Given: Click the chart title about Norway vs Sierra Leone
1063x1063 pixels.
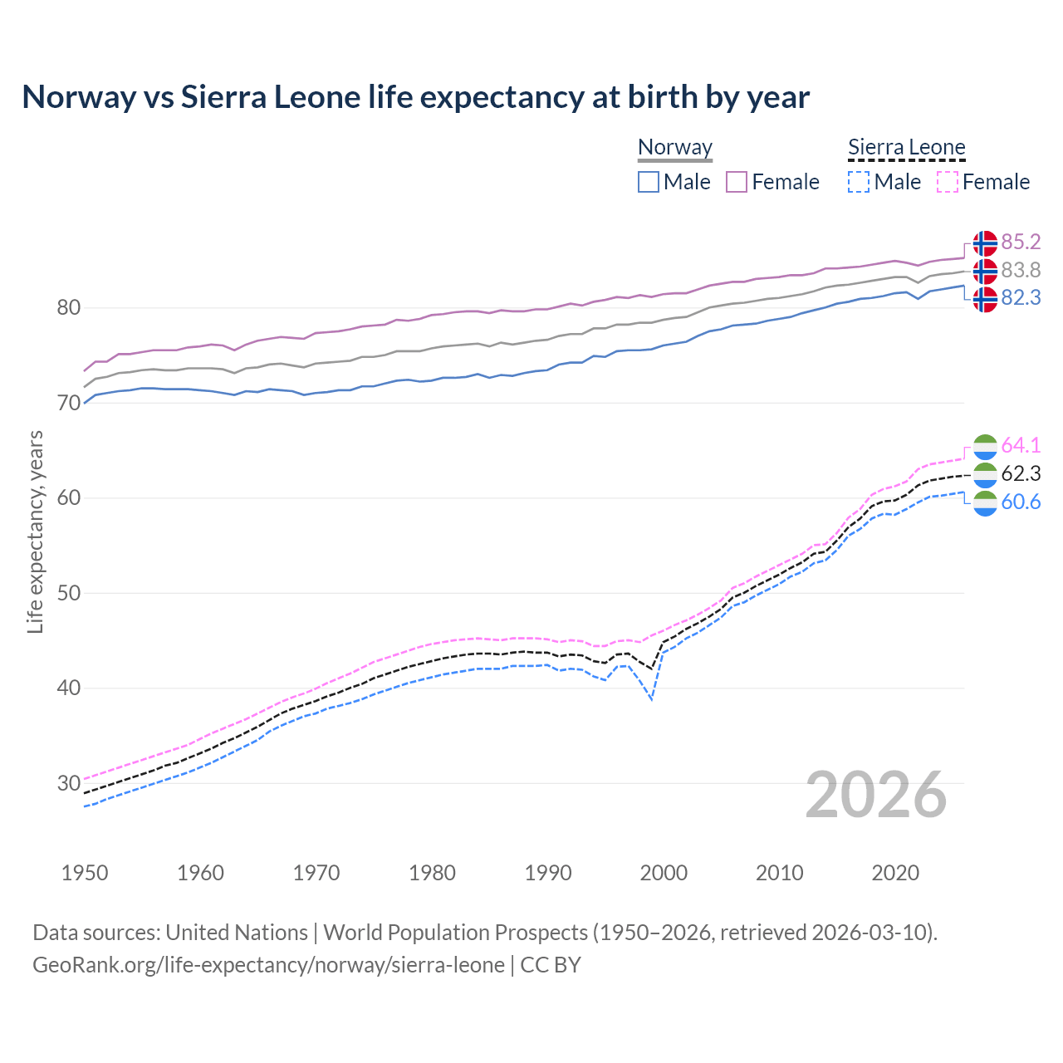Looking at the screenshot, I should [415, 97].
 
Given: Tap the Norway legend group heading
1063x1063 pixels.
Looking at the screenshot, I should [675, 148].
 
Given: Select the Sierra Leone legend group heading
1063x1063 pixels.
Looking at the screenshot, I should [906, 148].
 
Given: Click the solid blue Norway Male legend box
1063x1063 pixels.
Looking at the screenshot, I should [649, 182].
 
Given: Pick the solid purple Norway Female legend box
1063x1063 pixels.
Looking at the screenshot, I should [737, 182].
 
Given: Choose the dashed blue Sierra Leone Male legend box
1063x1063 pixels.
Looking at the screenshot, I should [859, 182].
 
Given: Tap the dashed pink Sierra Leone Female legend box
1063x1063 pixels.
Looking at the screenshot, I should [948, 182].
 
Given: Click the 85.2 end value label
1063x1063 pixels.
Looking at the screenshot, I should [1021, 242].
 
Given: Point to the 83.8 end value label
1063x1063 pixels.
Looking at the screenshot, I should [1021, 270].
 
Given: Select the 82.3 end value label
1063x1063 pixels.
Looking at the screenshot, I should [1021, 297].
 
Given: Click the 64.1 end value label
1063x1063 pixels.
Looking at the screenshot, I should [1021, 445].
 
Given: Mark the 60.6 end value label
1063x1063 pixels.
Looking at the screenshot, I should [1021, 502].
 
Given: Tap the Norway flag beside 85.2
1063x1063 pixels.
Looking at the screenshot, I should [985, 243].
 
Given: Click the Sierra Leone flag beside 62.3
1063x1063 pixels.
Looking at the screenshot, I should [985, 474].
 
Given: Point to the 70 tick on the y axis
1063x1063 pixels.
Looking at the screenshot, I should [68, 404].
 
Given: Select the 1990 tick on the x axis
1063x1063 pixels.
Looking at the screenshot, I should [548, 873].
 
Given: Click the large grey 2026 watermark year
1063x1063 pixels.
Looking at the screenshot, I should [876, 795].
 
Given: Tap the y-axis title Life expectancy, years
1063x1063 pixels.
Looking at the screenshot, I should [35, 531].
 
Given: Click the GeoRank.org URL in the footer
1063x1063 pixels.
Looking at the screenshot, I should [268, 965].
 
